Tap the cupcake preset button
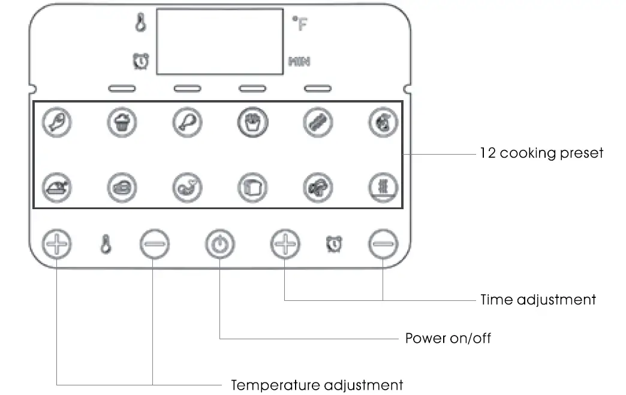[x=122, y=123]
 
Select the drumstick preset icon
[x=187, y=123]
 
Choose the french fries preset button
[x=252, y=123]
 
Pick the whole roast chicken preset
[x=56, y=188]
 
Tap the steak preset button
[x=122, y=188]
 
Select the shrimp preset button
[x=187, y=188]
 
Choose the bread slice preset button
[x=252, y=188]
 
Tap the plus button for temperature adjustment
[x=56, y=244]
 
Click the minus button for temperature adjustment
[x=154, y=244]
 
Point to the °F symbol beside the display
[x=299, y=25]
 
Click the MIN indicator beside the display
[x=299, y=61]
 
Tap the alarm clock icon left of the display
[x=141, y=61]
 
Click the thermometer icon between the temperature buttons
[x=106, y=245]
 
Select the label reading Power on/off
[x=448, y=338]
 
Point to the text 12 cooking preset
[x=541, y=153]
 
